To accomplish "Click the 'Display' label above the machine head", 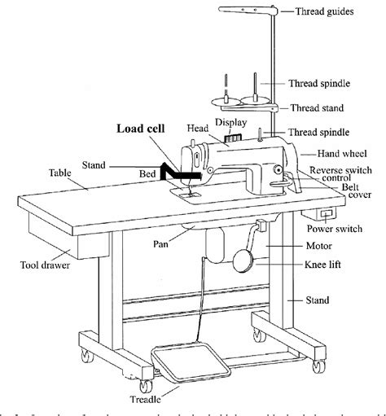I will pyautogui.click(x=230, y=122).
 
